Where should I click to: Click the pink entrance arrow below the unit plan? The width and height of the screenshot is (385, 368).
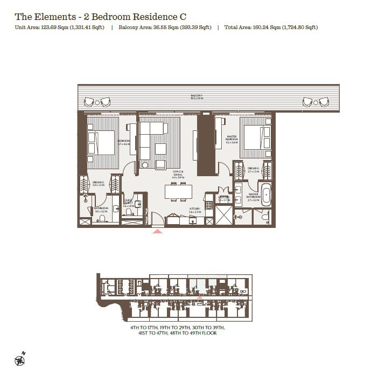157,231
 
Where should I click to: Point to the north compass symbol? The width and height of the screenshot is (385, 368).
21,357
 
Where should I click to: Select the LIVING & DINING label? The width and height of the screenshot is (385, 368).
178,173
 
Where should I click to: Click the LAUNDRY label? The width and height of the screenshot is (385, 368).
224,198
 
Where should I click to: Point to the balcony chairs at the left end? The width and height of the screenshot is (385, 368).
97,101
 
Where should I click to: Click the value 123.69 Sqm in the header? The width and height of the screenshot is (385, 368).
54,27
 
